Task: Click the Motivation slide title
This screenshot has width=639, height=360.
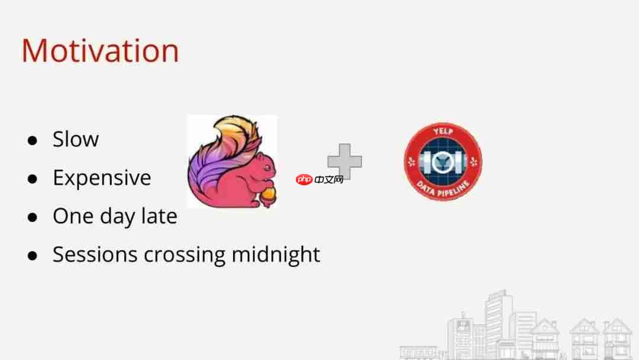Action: point(100,50)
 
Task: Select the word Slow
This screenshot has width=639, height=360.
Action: point(76,139)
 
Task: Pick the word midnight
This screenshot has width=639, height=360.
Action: point(276,255)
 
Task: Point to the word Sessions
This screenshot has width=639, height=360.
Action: point(95,255)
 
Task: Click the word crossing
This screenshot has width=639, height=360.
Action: point(185,256)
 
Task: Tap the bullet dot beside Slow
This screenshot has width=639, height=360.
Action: point(33,141)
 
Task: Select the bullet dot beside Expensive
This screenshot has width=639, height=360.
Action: point(33,179)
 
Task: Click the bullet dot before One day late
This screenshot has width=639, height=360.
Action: point(33,217)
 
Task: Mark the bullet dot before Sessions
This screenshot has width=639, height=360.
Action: point(33,256)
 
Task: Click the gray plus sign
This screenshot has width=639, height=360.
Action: point(345,160)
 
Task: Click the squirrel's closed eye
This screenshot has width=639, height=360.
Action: point(267,167)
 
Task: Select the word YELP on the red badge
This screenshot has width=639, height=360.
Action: point(443,131)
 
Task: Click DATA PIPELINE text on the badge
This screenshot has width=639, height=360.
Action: point(443,190)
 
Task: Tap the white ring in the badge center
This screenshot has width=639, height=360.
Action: point(443,162)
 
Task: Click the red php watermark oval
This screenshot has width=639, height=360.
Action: point(305,179)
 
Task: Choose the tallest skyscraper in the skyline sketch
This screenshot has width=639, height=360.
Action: point(499,322)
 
